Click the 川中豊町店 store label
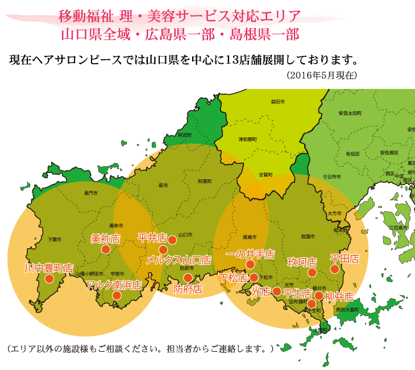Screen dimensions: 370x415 tap(49, 268)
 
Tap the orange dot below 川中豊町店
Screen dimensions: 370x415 tap(49, 279)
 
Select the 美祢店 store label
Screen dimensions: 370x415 tap(105, 239)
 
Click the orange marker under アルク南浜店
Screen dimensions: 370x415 tap(117, 295)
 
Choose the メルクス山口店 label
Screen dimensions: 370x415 tap(179, 260)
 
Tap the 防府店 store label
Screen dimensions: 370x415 tap(188, 289)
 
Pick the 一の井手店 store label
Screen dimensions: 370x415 tap(250, 254)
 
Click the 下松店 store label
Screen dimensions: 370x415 tap(234, 278)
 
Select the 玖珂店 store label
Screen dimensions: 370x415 tap(302, 262)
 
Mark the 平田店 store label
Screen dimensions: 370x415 tap(345, 258)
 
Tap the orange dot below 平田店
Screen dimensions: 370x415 tap(335, 269)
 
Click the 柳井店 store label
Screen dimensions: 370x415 tap(339, 297)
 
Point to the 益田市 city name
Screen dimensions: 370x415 tap(277, 101)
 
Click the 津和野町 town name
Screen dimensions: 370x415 tap(247, 139)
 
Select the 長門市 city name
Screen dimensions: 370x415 tap(90, 194)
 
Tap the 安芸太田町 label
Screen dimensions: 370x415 tap(350, 113)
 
